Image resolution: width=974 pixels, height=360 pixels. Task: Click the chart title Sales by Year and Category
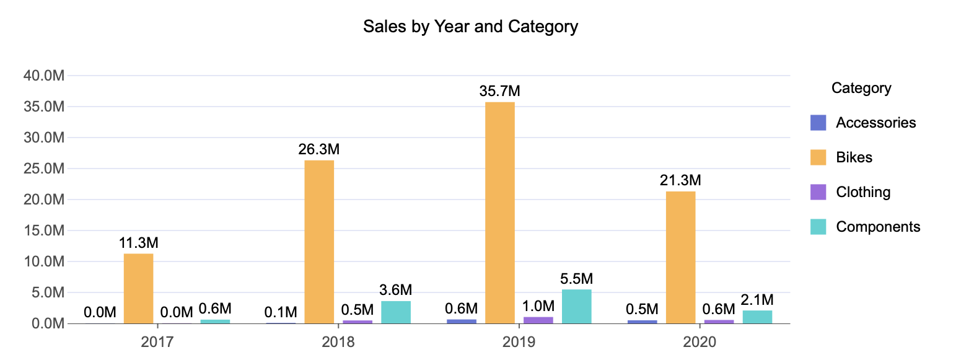470,27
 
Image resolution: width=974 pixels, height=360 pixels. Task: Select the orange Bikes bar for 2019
499,213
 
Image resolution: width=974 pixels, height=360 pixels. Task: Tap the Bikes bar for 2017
138,288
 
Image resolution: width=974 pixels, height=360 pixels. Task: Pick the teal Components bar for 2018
395,312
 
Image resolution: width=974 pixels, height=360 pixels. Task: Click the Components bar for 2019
576,306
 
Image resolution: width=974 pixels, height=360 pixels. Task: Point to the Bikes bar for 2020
680,257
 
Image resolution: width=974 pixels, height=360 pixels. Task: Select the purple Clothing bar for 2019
538,320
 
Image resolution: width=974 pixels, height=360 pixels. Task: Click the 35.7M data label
499,91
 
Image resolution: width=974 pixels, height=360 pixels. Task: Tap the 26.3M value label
318,149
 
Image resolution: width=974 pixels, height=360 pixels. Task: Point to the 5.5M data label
576,279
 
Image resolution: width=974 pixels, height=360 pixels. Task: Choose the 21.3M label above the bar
680,180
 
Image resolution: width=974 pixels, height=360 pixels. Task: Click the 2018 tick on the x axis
338,341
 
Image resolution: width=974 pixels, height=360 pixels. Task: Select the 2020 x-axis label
700,341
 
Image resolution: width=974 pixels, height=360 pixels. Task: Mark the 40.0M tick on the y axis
44,76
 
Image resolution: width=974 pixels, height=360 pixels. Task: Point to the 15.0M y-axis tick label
44,230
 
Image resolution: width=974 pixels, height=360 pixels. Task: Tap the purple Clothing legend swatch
818,192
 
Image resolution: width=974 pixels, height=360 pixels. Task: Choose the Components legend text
877,227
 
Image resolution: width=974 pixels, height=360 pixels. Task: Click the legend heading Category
861,88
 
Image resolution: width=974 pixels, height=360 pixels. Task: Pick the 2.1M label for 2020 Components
757,300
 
